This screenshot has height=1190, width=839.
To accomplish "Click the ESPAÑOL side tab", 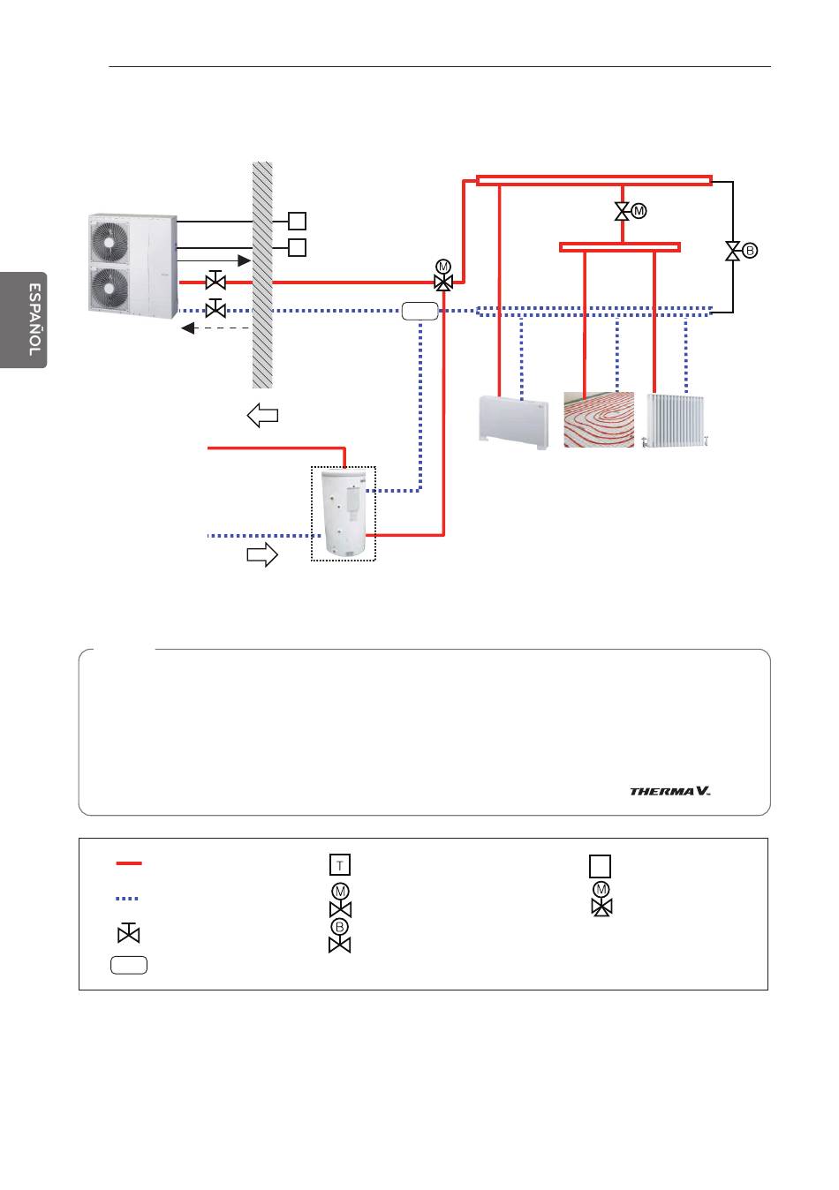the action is pos(23,320).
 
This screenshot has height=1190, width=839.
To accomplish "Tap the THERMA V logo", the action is pos(669,791).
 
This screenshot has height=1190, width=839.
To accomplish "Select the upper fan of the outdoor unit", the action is pos(109,241).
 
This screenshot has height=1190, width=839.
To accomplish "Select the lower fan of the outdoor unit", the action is pos(109,288).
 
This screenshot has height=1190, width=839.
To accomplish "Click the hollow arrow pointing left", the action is pos(262,415).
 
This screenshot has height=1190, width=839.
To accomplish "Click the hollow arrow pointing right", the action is pos(262,555).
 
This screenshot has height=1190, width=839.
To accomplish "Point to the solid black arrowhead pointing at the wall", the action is pos(244,260).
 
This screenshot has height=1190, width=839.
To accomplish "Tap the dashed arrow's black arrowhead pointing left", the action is pos(188,328).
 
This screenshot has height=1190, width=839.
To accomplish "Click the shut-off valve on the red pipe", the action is pos(215,280).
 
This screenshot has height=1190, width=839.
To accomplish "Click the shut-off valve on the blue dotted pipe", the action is pos(215,308).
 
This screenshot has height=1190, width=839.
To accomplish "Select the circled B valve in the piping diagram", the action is pos(741,251).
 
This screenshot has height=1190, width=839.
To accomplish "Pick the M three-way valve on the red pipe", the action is pos(443,275).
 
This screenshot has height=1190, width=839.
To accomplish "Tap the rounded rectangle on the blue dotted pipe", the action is pos(419,312).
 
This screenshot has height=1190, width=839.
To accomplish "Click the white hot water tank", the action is pos(344,513).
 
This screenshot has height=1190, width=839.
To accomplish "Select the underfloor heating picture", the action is pos(599,419).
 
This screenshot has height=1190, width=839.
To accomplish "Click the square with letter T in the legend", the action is pos(339,864).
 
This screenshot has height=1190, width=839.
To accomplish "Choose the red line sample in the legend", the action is pos(129,863).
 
